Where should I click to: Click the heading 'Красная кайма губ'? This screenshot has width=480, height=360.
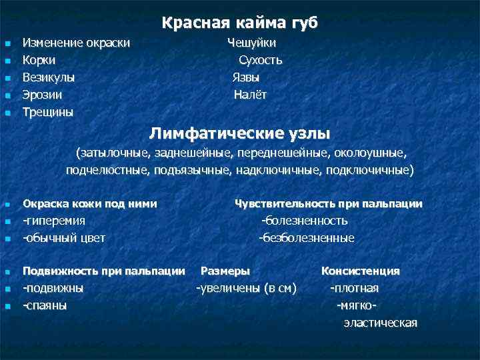[x=240, y=23]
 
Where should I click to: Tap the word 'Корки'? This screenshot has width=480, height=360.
[x=39, y=60]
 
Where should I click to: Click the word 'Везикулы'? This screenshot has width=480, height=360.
[x=49, y=77]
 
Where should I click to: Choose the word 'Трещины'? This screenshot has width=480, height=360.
[x=48, y=111]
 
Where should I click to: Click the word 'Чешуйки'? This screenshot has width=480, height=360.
[x=252, y=43]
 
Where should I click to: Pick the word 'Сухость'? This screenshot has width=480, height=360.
[x=261, y=60]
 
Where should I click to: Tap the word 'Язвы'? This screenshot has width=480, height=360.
[x=246, y=77]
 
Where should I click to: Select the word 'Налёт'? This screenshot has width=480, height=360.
[x=250, y=95]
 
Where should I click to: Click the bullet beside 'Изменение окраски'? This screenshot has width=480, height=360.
[x=7, y=44]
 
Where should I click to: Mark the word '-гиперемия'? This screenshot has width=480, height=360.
[x=54, y=221]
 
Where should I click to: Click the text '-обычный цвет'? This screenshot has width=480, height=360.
[x=64, y=237]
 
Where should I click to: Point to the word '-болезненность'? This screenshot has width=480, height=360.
[x=305, y=221]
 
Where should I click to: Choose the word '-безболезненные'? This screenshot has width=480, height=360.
[x=307, y=237]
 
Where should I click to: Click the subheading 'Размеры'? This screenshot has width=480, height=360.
[x=225, y=271]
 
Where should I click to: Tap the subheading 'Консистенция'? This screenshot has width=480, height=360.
[x=361, y=271]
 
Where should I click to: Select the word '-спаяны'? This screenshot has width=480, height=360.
[x=45, y=305]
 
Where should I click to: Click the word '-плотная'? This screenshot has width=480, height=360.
[x=354, y=288]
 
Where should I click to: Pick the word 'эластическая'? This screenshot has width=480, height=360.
[x=380, y=323]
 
